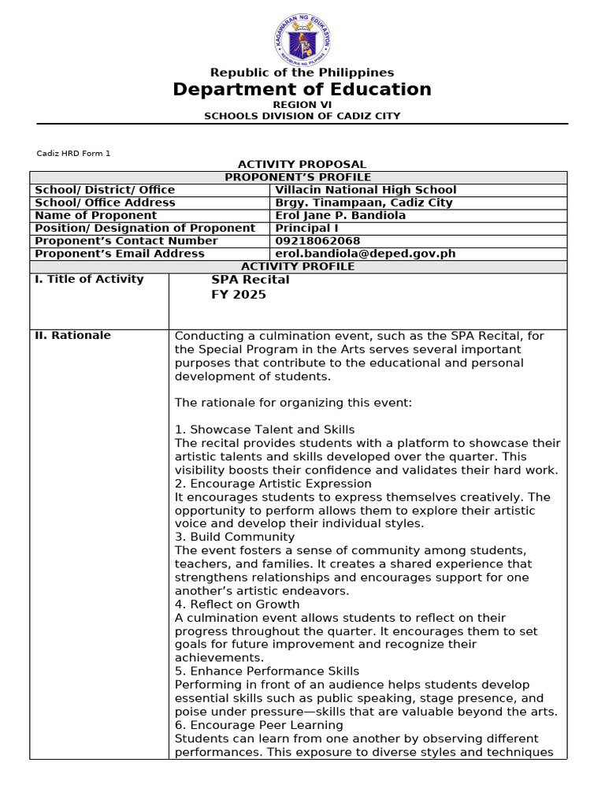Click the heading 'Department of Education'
pos(302,89)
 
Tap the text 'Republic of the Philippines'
pos(302,73)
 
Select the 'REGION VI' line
pos(302,104)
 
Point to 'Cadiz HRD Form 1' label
pos(74,153)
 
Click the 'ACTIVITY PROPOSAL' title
pos(302,164)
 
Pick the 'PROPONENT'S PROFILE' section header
pos(298,177)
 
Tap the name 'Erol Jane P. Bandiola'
pos(340,215)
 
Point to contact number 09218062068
pos(317,240)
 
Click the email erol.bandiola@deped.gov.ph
pos(366,254)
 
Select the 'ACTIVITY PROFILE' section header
pos(298,266)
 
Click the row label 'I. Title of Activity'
pos(89,279)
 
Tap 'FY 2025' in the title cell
pos(239,295)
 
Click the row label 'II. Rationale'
pos(72,335)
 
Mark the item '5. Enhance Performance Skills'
pos(267,671)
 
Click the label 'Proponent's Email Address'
pos(120,254)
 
